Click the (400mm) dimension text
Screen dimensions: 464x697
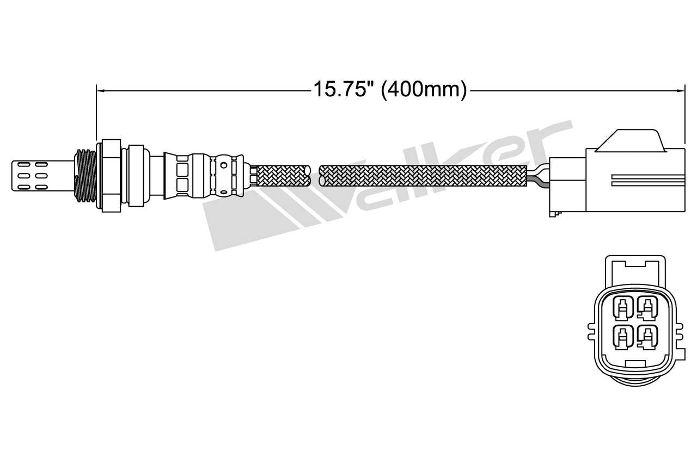(424, 89)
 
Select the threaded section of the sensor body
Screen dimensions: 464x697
(86, 175)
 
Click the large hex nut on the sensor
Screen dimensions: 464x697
(111, 175)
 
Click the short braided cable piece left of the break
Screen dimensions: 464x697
(283, 176)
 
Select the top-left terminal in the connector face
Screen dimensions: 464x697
(622, 309)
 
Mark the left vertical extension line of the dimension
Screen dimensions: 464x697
(96, 114)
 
